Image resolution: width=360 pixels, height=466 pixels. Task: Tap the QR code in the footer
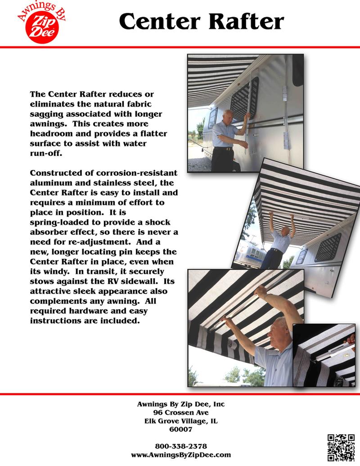pos(341,447)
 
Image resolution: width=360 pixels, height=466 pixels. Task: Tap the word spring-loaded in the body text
pos(58,223)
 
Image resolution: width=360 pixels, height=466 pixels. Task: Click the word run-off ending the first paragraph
pos(44,153)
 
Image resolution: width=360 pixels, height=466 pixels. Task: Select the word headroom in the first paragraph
pos(48,134)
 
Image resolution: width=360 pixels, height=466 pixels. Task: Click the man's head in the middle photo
pos(284,232)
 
